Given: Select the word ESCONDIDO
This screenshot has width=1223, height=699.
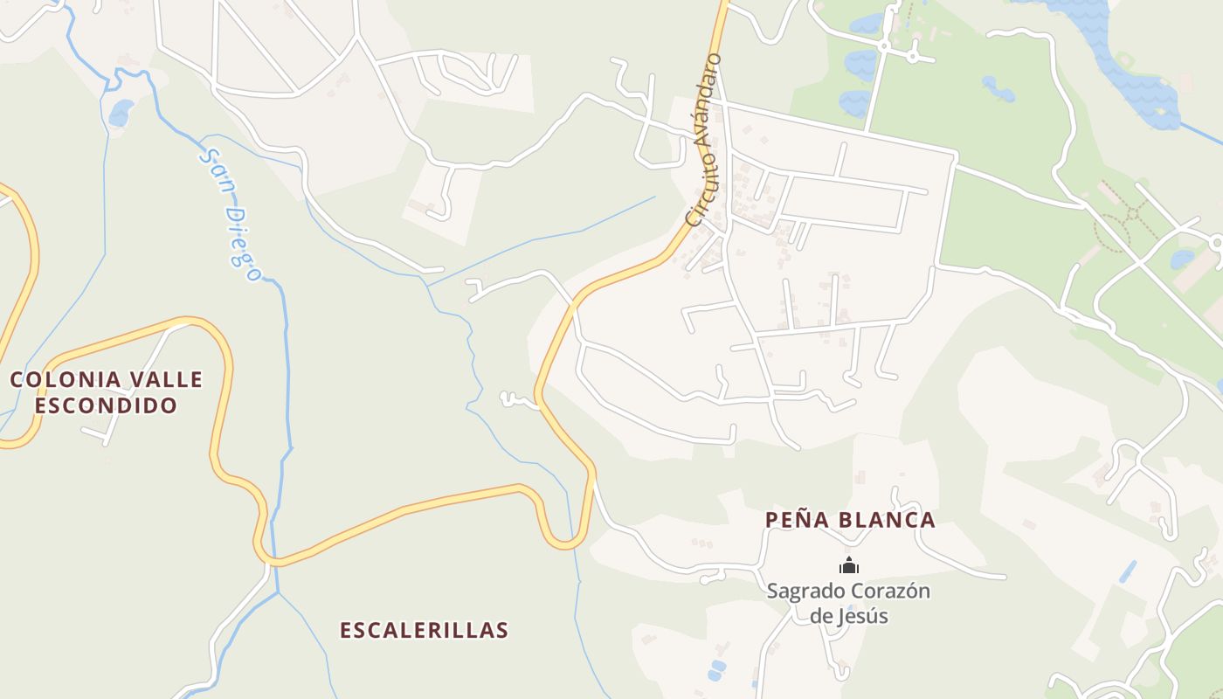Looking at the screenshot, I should coord(106,405).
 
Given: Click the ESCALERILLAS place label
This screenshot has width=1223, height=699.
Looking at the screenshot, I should coord(424,630).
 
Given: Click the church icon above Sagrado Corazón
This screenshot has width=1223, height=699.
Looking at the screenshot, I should coord(848,566).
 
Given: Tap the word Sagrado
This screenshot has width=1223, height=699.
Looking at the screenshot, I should coord(802,592).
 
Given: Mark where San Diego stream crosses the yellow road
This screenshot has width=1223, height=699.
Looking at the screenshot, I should coord(273,560).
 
